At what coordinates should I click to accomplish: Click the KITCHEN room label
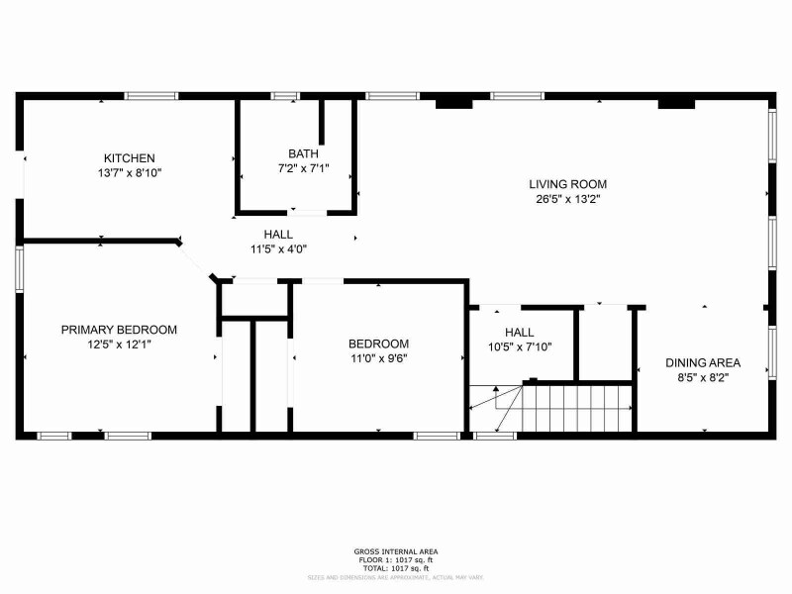[x=130, y=158]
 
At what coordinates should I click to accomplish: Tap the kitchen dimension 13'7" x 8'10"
[x=130, y=172]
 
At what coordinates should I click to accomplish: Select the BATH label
[x=303, y=153]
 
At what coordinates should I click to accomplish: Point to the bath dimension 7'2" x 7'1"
[x=303, y=167]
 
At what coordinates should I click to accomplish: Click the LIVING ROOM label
[x=567, y=184]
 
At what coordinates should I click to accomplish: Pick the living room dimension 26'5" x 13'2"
[x=567, y=198]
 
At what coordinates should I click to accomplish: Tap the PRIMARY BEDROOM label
[x=119, y=330]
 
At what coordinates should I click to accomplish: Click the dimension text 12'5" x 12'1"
[x=119, y=344]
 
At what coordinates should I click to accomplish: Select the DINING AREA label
[x=703, y=362]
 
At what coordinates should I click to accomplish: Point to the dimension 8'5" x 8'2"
[x=703, y=376]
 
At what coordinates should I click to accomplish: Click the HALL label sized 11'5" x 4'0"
[x=278, y=235]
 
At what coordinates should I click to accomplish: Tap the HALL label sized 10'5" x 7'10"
[x=519, y=333]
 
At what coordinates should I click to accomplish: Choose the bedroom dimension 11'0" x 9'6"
[x=379, y=358]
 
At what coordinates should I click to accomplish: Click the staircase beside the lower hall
[x=574, y=406]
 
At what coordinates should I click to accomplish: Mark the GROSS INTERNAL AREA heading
[x=396, y=551]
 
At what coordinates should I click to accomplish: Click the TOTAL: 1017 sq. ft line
[x=396, y=567]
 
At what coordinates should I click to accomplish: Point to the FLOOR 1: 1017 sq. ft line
[x=396, y=559]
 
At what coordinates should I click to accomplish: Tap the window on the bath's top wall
[x=285, y=96]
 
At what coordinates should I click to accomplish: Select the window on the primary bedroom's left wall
[x=19, y=269]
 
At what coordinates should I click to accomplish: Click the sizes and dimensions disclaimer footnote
[x=396, y=575]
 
